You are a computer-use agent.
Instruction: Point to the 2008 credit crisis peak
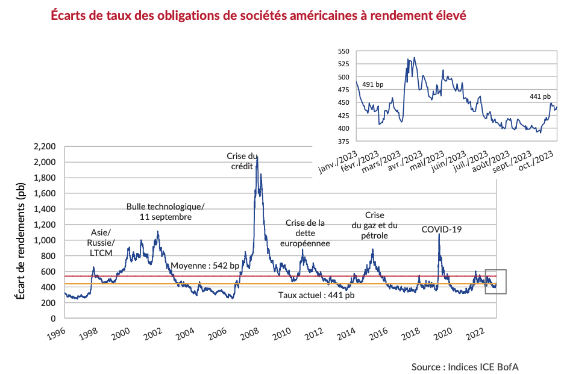point(257,157)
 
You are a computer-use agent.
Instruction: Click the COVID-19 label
point(441,229)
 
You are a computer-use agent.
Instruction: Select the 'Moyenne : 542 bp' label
point(205,266)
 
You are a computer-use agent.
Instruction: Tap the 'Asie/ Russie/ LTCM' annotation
point(101,242)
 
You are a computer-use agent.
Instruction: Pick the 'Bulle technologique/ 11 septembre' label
point(165,211)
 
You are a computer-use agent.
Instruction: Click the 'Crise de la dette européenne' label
point(305,233)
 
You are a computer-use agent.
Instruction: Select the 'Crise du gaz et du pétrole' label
point(374,225)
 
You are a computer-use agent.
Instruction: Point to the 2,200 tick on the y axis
point(46,146)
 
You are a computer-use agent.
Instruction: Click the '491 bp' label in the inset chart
point(372,85)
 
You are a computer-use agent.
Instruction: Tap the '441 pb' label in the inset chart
point(540,96)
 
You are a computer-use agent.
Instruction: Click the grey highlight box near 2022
point(495,281)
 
